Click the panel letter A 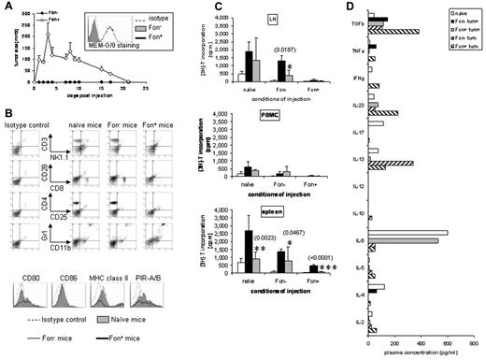pos(7,7)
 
